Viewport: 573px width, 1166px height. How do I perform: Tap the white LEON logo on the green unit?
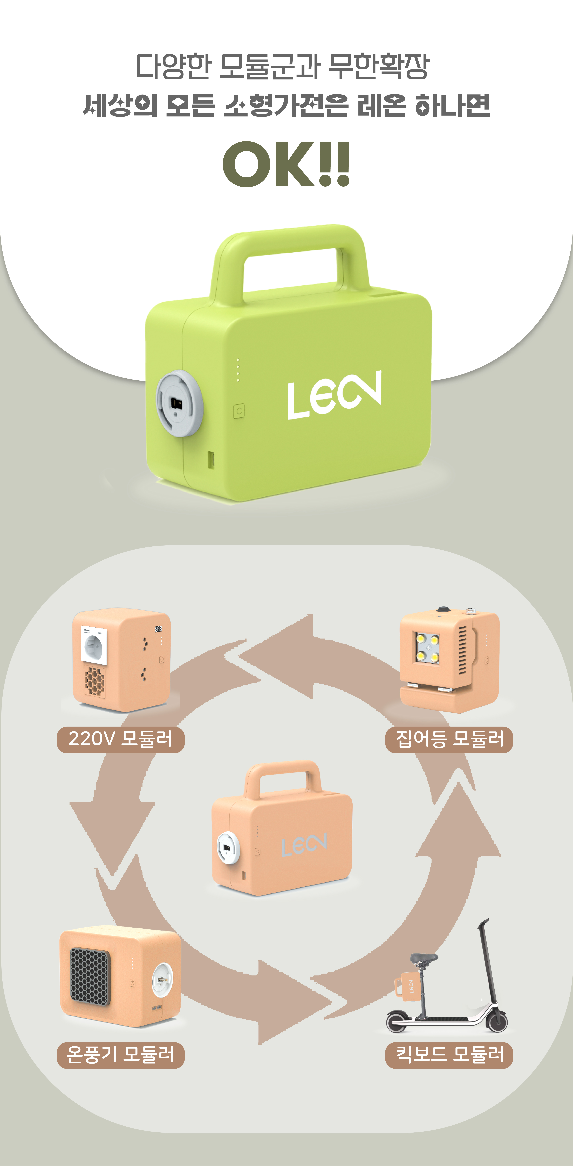[x=334, y=395]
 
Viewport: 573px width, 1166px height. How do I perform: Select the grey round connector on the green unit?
[x=179, y=403]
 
